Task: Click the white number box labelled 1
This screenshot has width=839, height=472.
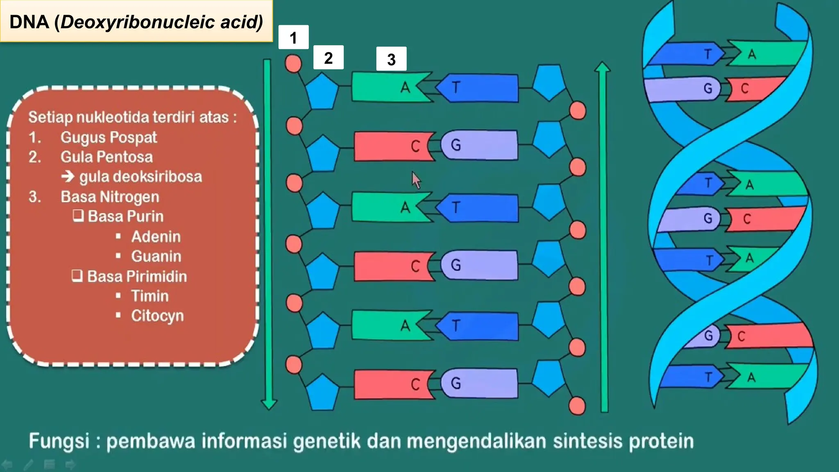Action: (293, 37)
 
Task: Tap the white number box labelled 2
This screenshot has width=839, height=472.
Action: (328, 57)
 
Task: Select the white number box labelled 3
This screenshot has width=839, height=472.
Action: (391, 59)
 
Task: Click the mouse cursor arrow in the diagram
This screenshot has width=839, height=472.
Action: (415, 179)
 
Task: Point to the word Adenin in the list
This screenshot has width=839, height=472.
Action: (156, 236)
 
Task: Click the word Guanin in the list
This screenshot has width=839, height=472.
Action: (156, 256)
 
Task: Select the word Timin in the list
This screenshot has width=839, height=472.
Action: (150, 296)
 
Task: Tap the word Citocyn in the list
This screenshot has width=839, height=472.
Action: (157, 315)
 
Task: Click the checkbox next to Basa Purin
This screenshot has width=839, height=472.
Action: (78, 216)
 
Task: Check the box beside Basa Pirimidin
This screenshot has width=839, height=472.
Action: (77, 275)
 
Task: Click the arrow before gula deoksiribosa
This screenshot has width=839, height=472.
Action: (68, 177)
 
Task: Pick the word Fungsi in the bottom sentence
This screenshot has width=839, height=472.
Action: (59, 441)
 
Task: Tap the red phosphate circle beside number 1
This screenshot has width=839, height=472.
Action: (293, 64)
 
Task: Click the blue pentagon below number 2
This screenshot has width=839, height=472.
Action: (322, 91)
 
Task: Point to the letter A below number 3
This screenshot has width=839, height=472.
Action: (405, 87)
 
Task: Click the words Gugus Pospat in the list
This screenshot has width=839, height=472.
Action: (109, 137)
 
